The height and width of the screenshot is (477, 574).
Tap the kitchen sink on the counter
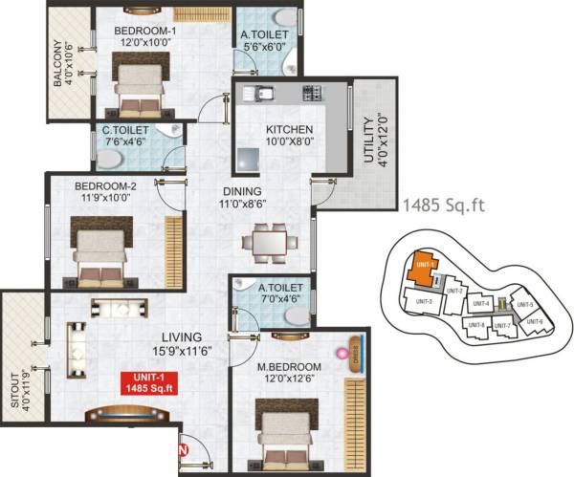[x=258, y=94]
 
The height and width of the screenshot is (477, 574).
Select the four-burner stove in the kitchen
[x=313, y=94]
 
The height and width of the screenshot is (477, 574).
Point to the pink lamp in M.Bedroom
[x=339, y=354]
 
